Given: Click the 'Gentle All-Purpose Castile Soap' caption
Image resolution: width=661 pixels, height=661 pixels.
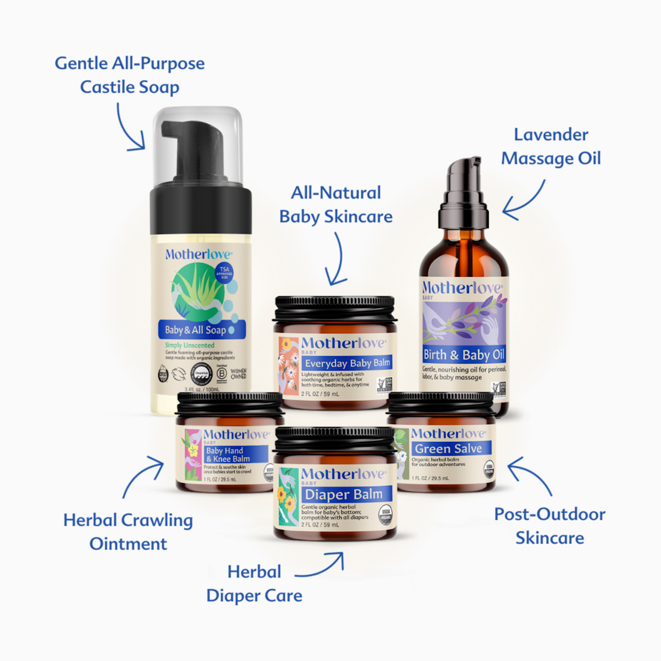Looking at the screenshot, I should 130,75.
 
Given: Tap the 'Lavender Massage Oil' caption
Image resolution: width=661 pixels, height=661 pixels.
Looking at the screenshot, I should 551,147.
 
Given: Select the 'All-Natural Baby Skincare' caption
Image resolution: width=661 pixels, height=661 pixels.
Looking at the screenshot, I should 336,204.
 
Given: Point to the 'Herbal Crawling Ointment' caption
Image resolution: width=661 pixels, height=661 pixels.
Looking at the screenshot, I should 128,531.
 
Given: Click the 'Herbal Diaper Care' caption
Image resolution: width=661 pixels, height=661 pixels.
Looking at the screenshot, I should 254,583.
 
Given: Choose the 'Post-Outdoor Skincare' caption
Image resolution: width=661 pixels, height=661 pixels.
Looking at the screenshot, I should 550,526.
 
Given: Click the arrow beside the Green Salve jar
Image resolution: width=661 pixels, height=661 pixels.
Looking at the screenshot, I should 529,475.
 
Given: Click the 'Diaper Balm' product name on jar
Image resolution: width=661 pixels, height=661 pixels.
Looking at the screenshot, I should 344,494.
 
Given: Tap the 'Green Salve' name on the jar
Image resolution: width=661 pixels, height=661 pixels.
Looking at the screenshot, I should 448,449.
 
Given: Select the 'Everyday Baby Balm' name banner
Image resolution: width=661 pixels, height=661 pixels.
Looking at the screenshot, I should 348,363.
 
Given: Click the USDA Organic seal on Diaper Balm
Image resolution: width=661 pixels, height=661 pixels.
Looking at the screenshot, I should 385,515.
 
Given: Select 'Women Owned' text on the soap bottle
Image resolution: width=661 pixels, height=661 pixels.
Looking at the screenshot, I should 239,374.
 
